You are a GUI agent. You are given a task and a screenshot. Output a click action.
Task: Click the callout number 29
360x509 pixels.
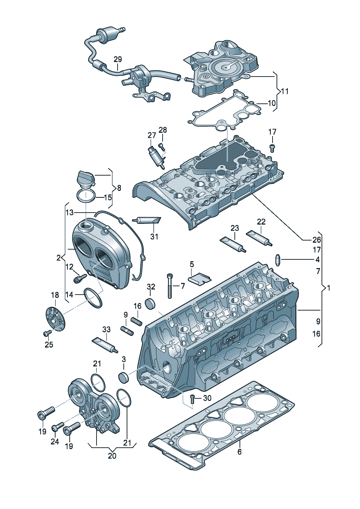tap(118, 59)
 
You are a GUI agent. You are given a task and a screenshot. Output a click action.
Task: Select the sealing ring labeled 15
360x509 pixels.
tap(86, 196)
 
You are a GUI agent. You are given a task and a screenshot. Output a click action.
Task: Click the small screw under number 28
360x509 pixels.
tap(162, 147)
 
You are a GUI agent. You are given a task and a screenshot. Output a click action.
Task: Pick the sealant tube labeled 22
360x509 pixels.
tap(259, 238)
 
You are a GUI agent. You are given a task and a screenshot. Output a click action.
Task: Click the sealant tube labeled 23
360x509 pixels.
tap(233, 244)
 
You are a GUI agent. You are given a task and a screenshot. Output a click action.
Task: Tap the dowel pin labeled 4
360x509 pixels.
tap(278, 259)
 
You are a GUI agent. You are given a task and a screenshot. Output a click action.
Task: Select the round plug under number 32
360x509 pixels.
tap(150, 303)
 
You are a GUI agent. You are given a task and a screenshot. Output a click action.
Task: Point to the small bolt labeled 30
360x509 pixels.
tap(193, 399)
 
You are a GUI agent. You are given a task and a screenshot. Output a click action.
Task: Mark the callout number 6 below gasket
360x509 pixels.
tap(240, 452)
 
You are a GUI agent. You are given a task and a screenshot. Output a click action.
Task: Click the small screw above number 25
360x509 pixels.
tap(47, 333)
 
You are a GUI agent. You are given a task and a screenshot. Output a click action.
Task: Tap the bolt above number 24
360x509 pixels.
tap(58, 427)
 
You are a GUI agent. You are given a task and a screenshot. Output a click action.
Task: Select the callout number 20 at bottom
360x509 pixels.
tap(112, 455)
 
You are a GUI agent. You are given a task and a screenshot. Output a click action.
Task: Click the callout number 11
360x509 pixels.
tap(285, 91)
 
